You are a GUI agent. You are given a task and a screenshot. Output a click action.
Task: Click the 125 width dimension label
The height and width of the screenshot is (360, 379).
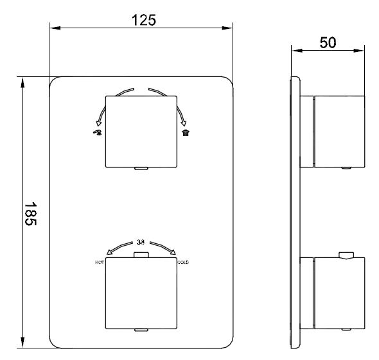click(144, 21)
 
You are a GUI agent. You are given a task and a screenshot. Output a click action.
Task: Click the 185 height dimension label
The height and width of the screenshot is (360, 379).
click(31, 214)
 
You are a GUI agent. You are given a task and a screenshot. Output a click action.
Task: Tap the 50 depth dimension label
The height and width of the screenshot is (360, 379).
click(328, 43)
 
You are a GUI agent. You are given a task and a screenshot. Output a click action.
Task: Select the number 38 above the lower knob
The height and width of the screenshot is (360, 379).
click(141, 242)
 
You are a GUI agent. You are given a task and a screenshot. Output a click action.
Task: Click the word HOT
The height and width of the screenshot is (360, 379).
click(100, 262)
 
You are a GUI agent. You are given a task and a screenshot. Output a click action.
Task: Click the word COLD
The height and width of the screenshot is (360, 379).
click(183, 262)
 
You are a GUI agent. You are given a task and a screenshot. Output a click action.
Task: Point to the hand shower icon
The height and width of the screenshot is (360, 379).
click(98, 132)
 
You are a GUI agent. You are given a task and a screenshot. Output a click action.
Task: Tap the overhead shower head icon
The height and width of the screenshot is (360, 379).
click(186, 133)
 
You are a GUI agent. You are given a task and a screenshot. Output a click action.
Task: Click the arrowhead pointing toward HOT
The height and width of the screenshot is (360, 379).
click(109, 252)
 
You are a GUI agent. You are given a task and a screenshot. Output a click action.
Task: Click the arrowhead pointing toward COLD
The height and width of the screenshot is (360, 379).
click(173, 252)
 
